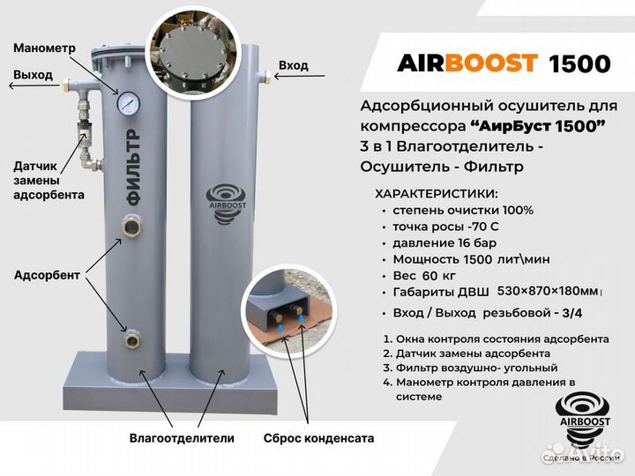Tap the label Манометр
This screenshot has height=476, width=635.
pyautogui.click(x=44, y=48)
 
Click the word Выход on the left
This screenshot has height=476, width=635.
pyautogui.click(x=33, y=75)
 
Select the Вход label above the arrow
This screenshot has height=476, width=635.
pyautogui.click(x=294, y=65)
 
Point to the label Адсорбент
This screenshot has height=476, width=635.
pyautogui.click(x=47, y=275)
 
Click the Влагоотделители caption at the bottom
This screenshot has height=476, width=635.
pyautogui.click(x=182, y=438)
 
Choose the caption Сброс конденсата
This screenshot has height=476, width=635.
pyautogui.click(x=318, y=438)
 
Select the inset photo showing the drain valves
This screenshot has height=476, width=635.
pyautogui.click(x=285, y=304)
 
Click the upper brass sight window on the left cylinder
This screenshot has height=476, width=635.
pyautogui.click(x=133, y=228)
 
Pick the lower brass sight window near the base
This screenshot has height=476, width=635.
pyautogui.click(x=133, y=338)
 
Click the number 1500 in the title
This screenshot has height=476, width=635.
pyautogui.click(x=579, y=63)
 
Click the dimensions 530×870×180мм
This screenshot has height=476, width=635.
pyautogui.click(x=548, y=291)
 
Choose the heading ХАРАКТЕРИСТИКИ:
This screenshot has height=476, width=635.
pyautogui.click(x=437, y=193)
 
